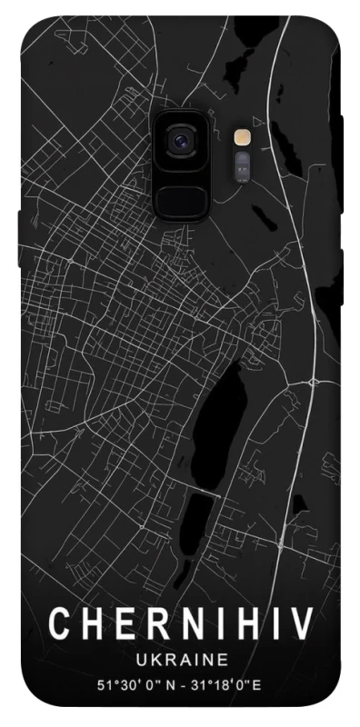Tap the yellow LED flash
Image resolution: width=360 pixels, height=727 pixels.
click(242, 138)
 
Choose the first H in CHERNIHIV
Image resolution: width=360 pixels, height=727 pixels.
click(92, 624)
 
